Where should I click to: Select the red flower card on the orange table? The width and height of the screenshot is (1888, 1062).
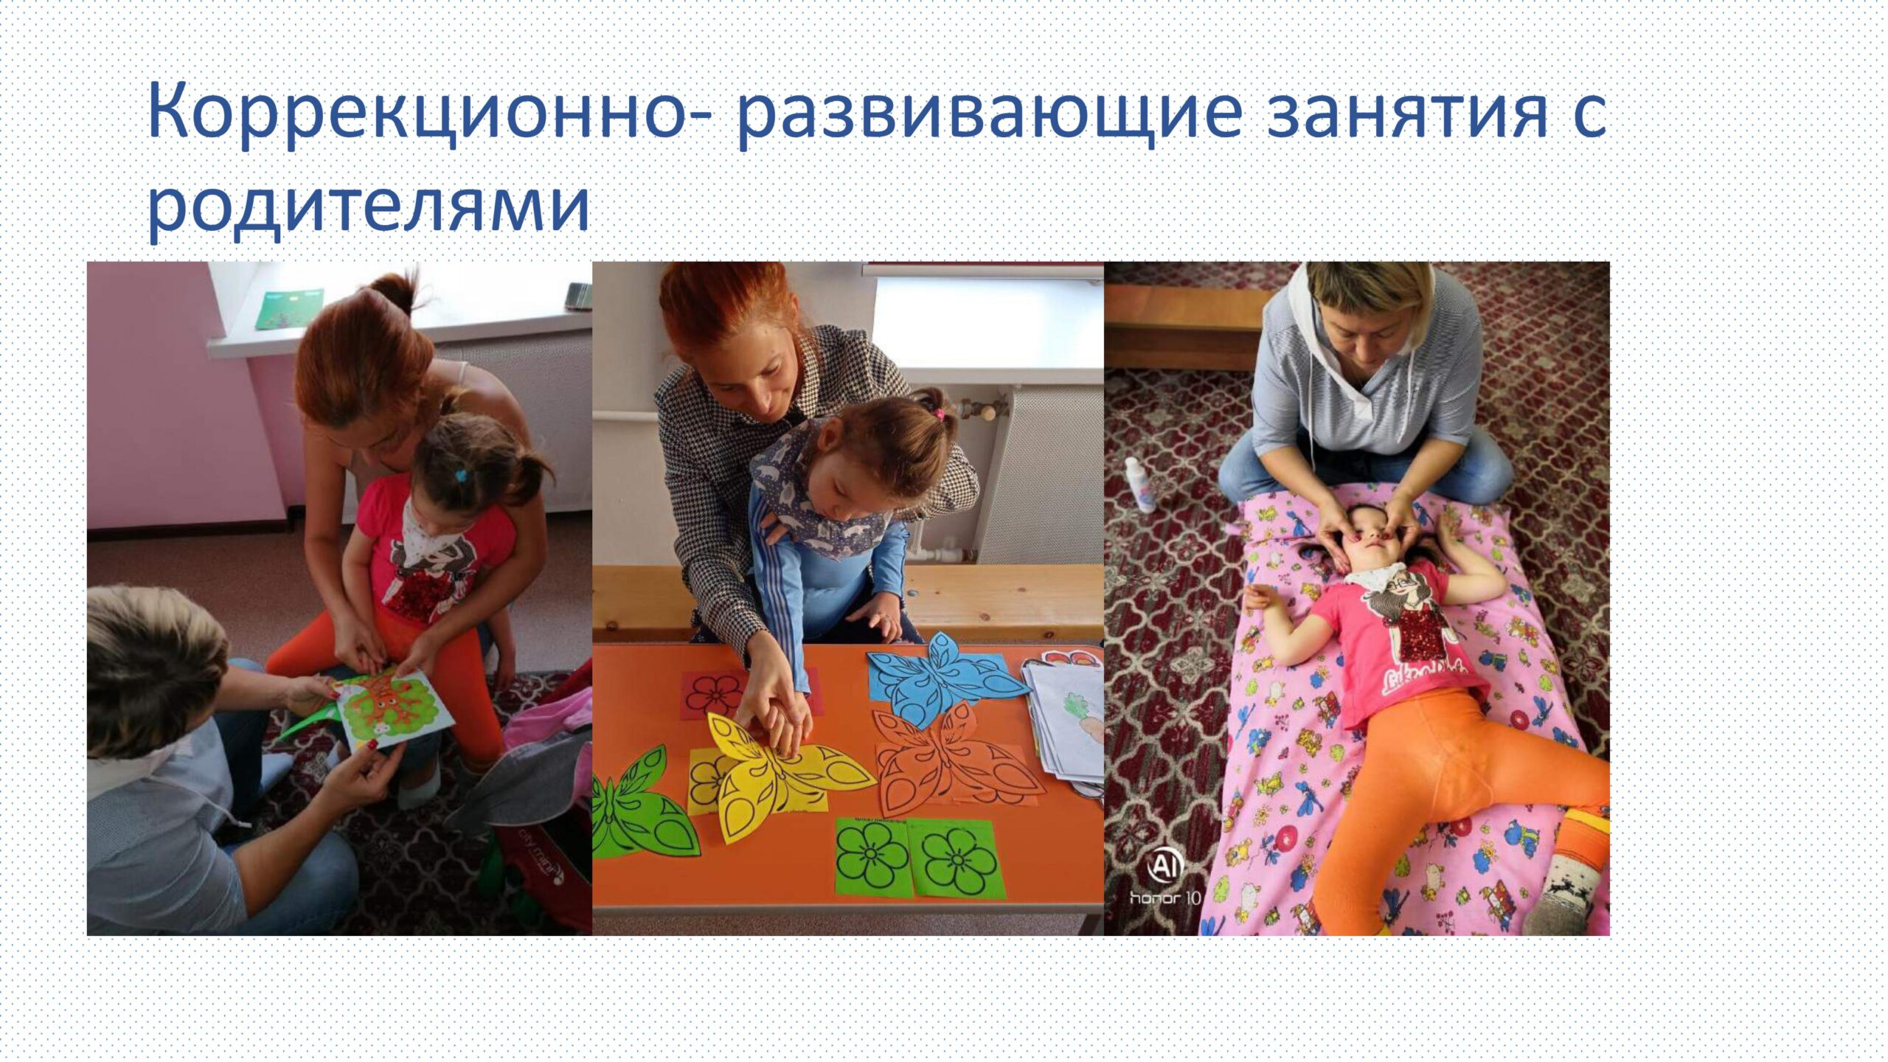click(x=714, y=693)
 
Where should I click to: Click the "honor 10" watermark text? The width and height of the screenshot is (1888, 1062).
click(x=1165, y=898)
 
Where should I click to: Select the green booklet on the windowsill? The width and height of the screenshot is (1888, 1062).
click(x=289, y=308)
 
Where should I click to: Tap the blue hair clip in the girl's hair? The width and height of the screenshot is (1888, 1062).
click(x=461, y=475)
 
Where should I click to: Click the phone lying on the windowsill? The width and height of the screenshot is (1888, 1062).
click(x=579, y=296)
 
